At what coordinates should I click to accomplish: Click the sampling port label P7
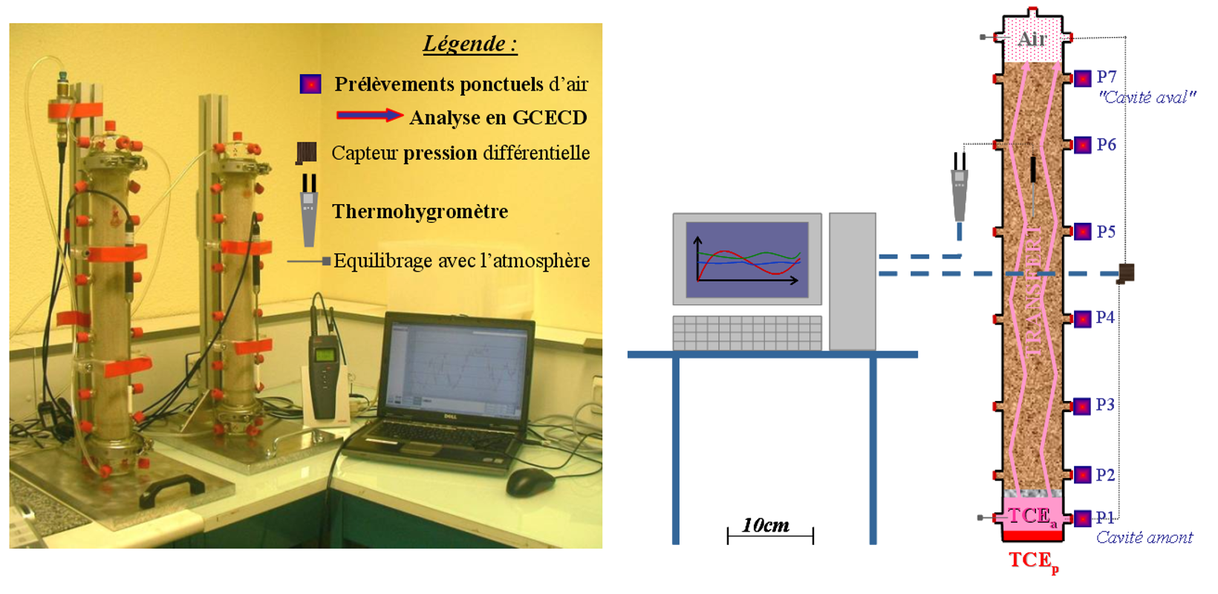click(x=1107, y=77)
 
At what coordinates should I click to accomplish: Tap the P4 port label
click(x=1105, y=317)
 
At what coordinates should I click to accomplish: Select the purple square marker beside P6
click(x=1083, y=145)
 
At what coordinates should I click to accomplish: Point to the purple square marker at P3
click(x=1083, y=406)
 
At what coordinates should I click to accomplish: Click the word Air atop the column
click(x=1032, y=39)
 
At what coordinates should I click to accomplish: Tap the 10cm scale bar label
click(x=766, y=525)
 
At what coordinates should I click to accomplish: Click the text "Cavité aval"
click(x=1147, y=98)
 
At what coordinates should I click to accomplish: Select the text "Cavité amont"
click(x=1144, y=538)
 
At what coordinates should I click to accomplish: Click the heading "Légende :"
click(x=470, y=44)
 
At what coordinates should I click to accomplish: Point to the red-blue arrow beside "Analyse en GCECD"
click(x=370, y=115)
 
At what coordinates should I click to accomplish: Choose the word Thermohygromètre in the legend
click(x=420, y=212)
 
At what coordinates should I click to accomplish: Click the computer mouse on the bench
click(x=530, y=482)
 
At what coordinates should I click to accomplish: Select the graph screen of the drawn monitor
click(x=747, y=260)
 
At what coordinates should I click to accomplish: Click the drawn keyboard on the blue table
click(x=747, y=333)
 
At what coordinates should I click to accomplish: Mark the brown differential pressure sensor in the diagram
click(x=1126, y=272)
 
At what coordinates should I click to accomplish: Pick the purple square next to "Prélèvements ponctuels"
click(x=310, y=84)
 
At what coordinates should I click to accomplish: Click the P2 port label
click(x=1105, y=475)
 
